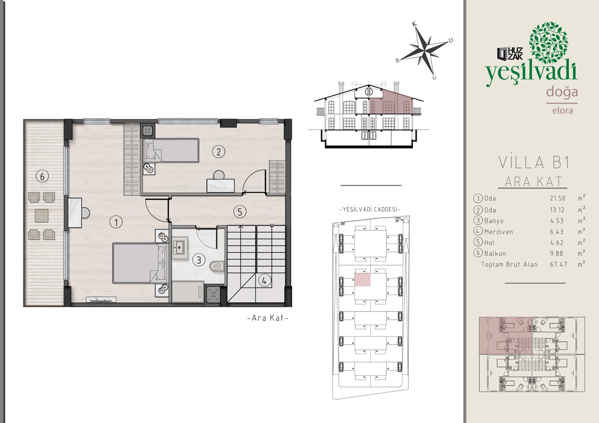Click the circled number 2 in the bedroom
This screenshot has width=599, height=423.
[x=219, y=152]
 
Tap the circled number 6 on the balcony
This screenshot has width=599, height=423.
[x=42, y=176]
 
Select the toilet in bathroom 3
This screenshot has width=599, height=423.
[x=217, y=266]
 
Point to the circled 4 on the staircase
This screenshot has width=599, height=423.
[x=265, y=281]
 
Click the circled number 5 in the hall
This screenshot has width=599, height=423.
[x=240, y=212]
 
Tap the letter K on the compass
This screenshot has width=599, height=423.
[x=414, y=24]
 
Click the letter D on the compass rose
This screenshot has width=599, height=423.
[x=451, y=40]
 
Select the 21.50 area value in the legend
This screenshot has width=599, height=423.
[x=558, y=198]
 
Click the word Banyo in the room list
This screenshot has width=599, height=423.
[x=494, y=221]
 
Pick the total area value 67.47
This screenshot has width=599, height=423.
[x=559, y=265]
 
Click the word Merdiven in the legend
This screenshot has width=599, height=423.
[x=499, y=232]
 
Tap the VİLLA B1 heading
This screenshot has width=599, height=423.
[x=534, y=162]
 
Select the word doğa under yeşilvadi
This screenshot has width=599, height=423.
[x=562, y=92]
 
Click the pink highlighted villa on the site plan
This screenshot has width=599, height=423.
[x=362, y=280]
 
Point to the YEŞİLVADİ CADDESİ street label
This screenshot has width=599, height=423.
[x=369, y=209]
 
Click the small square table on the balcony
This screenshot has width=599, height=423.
[x=41, y=216]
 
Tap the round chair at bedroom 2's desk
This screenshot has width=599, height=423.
[x=219, y=175]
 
